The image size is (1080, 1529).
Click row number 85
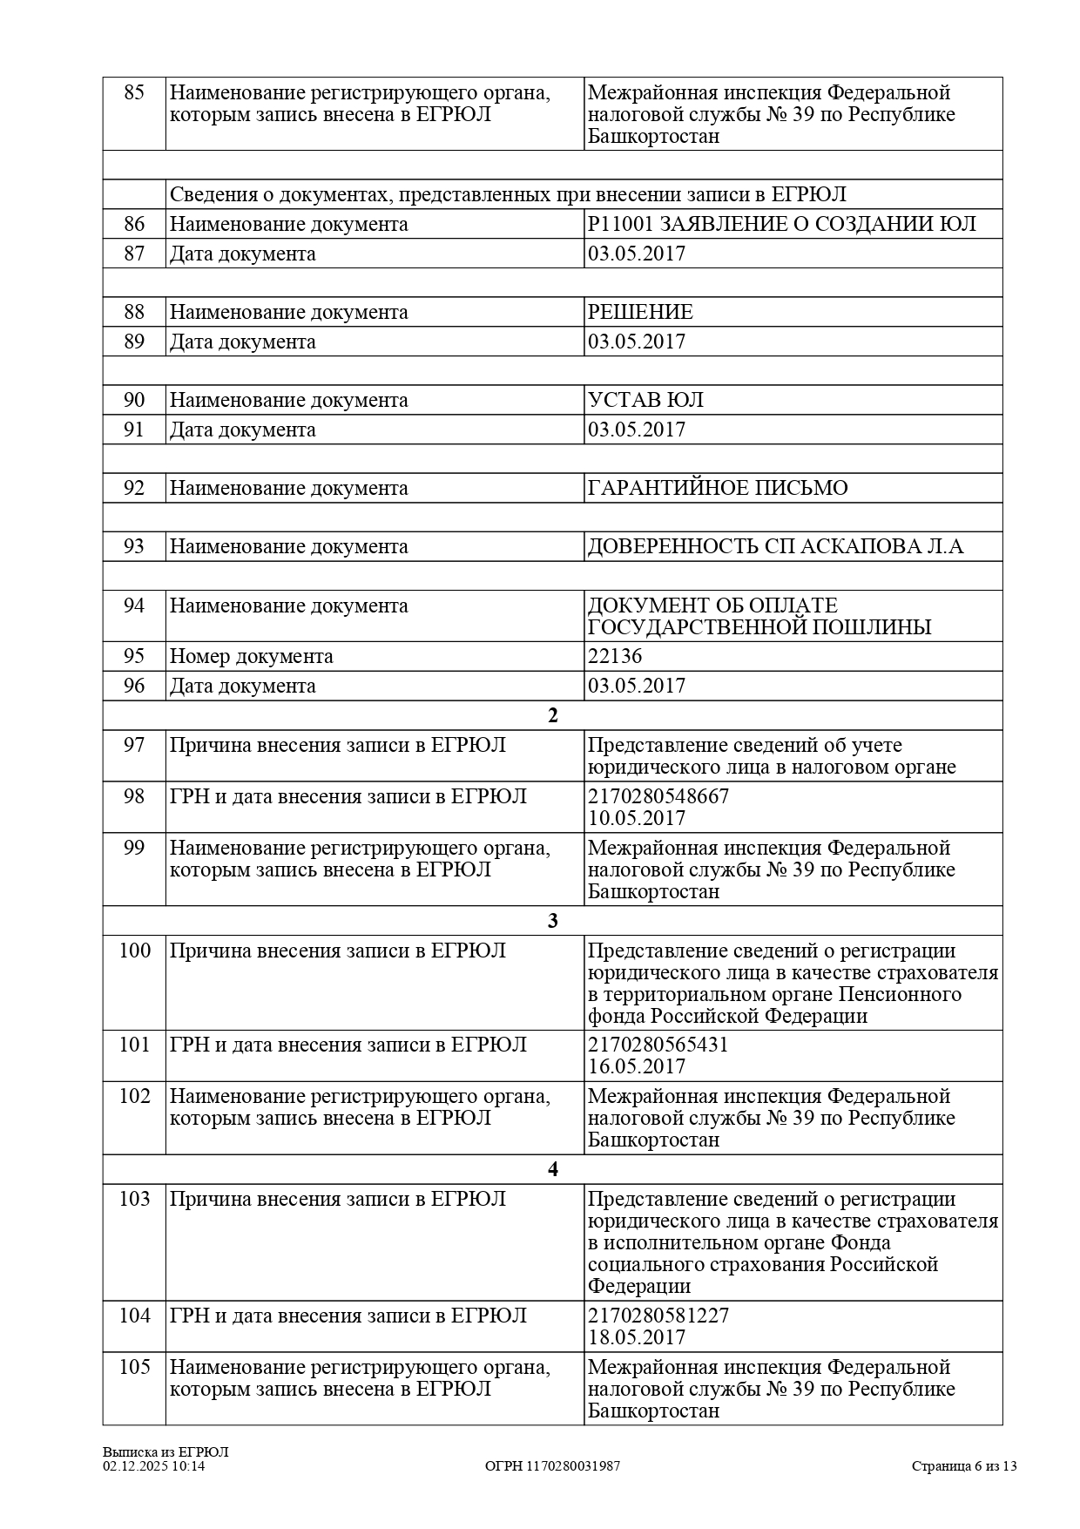(x=134, y=92)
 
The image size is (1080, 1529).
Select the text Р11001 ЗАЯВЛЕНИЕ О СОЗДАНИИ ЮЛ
(x=781, y=224)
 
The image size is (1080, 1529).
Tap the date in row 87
(x=637, y=254)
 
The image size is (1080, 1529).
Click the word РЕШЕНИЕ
(x=640, y=312)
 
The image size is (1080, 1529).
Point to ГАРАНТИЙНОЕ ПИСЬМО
(x=717, y=488)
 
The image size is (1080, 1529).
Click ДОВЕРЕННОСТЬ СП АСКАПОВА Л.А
(x=775, y=546)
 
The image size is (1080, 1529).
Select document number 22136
(x=615, y=656)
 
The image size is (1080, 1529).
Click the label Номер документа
(x=251, y=656)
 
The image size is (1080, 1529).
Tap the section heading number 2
(x=552, y=715)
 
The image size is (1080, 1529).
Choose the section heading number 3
(x=552, y=921)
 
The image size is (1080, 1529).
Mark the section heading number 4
(x=552, y=1169)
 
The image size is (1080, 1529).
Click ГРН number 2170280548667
(x=658, y=796)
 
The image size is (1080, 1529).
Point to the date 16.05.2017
(x=637, y=1066)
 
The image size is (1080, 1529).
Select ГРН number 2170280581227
(x=658, y=1316)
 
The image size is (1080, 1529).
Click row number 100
(x=134, y=951)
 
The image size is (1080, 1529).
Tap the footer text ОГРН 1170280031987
(x=552, y=1466)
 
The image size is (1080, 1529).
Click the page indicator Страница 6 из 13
(x=964, y=1466)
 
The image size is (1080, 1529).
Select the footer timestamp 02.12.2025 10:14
(x=154, y=1466)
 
